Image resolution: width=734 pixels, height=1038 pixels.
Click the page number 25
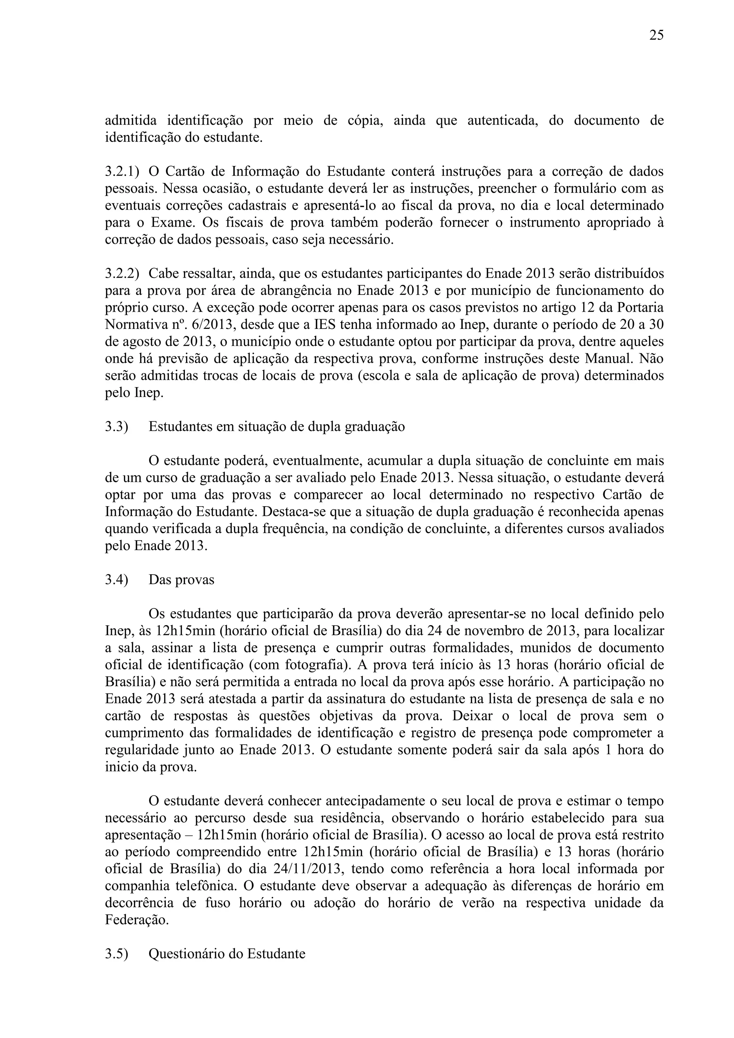(656, 35)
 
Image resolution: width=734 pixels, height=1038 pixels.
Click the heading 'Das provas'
(181, 580)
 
